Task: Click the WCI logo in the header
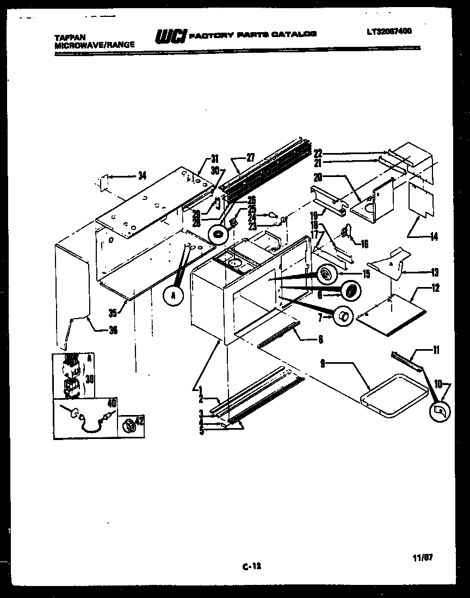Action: pyautogui.click(x=171, y=36)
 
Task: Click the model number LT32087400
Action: pyautogui.click(x=389, y=32)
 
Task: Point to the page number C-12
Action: pyautogui.click(x=251, y=566)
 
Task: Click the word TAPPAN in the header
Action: pyautogui.click(x=70, y=38)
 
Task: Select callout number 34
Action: pyautogui.click(x=142, y=175)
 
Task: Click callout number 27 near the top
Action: pyautogui.click(x=250, y=158)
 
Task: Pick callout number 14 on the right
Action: pyautogui.click(x=434, y=237)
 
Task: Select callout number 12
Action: pyautogui.click(x=435, y=288)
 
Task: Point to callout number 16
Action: pyautogui.click(x=364, y=245)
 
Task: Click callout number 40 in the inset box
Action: pyautogui.click(x=112, y=404)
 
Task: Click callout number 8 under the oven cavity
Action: pyautogui.click(x=320, y=339)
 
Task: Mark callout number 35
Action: pyautogui.click(x=113, y=313)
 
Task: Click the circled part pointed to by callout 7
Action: pyautogui.click(x=343, y=316)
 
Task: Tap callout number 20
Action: pyautogui.click(x=318, y=176)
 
